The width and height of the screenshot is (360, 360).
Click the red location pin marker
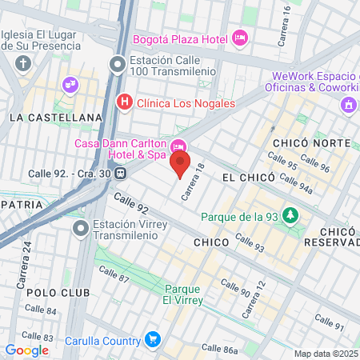[x=180, y=166]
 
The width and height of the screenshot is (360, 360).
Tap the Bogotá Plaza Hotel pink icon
[x=239, y=38]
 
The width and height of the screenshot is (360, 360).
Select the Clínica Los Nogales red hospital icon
[x=124, y=102]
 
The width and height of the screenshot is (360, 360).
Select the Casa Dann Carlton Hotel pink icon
[x=178, y=144]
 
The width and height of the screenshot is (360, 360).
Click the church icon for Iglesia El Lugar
[x=24, y=63]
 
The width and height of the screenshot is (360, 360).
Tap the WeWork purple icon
[x=348, y=105]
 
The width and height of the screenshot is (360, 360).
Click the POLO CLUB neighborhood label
[x=58, y=293]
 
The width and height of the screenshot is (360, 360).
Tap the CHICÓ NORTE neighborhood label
[x=311, y=142]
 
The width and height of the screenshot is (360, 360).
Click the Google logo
[x=26, y=350]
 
